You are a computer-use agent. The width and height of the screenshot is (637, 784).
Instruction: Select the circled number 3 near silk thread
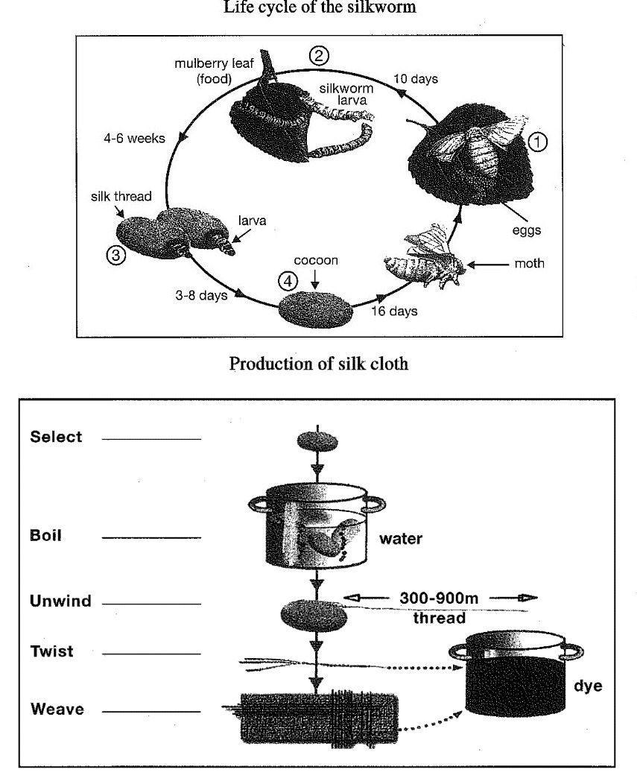pyautogui.click(x=115, y=256)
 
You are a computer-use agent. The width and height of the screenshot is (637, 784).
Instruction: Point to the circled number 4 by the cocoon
pyautogui.click(x=287, y=282)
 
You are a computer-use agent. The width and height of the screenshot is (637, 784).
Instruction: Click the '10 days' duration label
pyautogui.click(x=416, y=78)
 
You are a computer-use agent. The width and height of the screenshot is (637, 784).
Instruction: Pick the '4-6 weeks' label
pyautogui.click(x=134, y=139)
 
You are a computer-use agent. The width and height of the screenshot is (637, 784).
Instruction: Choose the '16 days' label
pyautogui.click(x=394, y=311)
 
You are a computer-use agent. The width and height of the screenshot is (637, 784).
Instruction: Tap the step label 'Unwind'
pyautogui.click(x=60, y=601)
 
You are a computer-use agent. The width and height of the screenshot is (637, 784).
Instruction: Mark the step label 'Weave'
pyautogui.click(x=57, y=709)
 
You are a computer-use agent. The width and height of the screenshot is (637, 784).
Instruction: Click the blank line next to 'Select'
pyautogui.click(x=151, y=440)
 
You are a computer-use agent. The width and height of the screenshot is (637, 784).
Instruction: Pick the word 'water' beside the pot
pyautogui.click(x=402, y=539)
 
